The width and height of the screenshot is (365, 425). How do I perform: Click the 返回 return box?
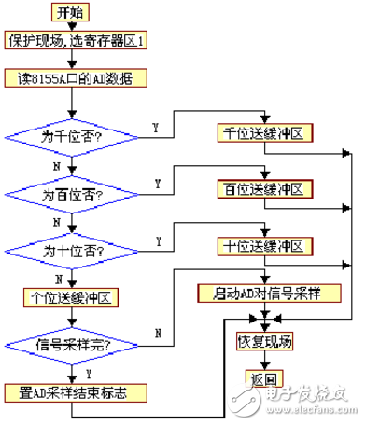click(264, 380)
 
